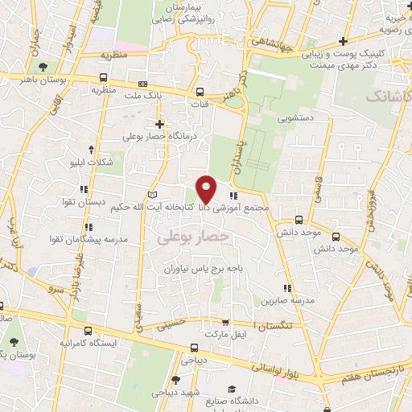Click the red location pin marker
pos(206,188)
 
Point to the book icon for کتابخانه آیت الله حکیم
pos(153,196)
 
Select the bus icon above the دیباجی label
pos(193,348)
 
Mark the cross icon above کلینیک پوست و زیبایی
pos(344,40)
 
